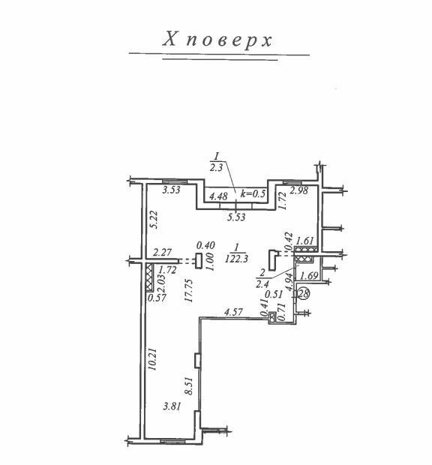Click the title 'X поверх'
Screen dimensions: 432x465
pos(217,40)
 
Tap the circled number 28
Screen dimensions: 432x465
pos(304,293)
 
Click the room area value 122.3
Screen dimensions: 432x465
pos(236,259)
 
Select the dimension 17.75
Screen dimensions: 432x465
pos(188,290)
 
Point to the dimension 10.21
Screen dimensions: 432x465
pos(152,359)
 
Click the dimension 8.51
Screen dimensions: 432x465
pos(189,385)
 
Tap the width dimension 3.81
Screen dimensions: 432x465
pos(172,406)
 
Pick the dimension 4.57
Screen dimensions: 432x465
pos(234,312)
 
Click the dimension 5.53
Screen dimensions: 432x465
pos(236,217)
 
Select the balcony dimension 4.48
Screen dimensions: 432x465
pos(218,196)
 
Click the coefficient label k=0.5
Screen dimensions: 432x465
pos(253,193)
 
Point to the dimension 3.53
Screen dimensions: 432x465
pos(172,190)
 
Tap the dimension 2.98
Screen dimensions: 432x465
pos(298,190)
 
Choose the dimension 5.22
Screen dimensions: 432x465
pos(154,220)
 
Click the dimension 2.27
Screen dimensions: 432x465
pos(162,252)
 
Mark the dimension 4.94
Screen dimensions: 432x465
pos(289,282)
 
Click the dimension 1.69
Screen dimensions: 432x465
pos(309,276)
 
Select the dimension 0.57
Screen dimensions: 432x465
pos(157,298)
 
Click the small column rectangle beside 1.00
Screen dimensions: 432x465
pos(199,261)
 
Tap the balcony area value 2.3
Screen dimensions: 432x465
pos(216,168)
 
